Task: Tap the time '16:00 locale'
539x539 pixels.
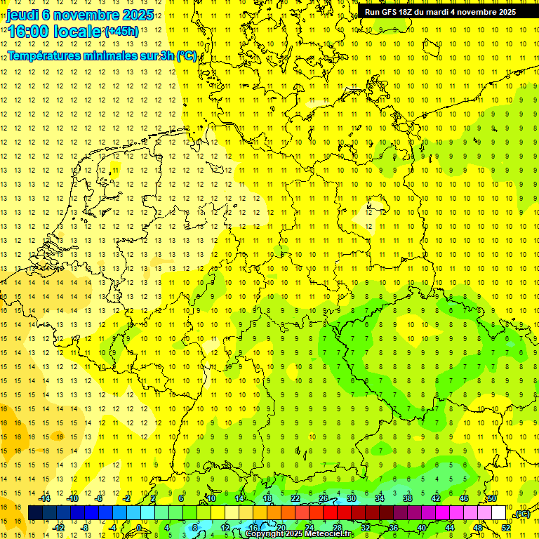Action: pos(55,32)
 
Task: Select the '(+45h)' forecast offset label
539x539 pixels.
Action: pos(121,32)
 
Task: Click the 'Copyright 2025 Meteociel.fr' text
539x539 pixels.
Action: pos(298,534)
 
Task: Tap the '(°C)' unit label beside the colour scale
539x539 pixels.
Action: pos(520,514)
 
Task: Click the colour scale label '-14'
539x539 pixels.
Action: pos(46,498)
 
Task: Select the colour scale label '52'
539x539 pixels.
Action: pos(506,528)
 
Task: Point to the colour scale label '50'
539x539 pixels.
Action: pos(492,498)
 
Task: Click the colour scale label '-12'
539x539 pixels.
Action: pos(59,528)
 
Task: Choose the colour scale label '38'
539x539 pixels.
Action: pos(408,498)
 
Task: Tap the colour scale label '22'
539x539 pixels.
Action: pos(295,498)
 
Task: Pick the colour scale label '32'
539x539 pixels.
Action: pos(366,528)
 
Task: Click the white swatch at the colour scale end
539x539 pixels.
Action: pos(499,513)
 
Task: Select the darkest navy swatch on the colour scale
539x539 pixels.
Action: pos(36,513)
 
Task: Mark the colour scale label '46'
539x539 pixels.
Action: pos(464,498)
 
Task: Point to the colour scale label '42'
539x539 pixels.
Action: pos(436,498)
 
